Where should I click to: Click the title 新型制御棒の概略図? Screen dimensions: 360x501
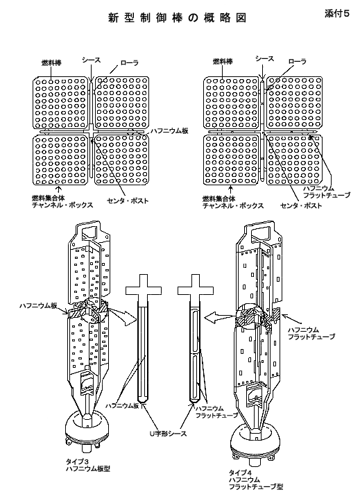(x=178, y=18)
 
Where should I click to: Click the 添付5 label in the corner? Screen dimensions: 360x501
(x=336, y=14)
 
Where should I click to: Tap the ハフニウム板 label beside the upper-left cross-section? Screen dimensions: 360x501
(x=169, y=130)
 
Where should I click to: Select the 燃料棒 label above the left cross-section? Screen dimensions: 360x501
(x=52, y=62)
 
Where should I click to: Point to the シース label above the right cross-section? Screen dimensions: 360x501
(x=265, y=58)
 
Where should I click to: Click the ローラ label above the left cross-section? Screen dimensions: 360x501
(x=130, y=63)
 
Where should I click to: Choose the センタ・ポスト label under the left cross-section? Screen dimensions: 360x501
(x=128, y=201)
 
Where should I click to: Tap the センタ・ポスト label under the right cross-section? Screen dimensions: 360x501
(x=301, y=205)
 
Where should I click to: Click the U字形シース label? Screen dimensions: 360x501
(x=168, y=434)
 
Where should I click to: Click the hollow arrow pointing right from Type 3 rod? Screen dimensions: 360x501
(x=122, y=316)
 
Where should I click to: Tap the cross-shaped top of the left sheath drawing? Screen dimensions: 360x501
(x=142, y=289)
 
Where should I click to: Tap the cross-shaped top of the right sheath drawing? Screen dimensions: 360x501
(x=195, y=289)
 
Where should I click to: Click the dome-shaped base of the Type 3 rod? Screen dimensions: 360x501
(x=87, y=430)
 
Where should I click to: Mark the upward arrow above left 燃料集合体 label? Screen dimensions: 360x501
(x=58, y=189)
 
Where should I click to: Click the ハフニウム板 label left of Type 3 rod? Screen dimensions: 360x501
(x=38, y=306)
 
